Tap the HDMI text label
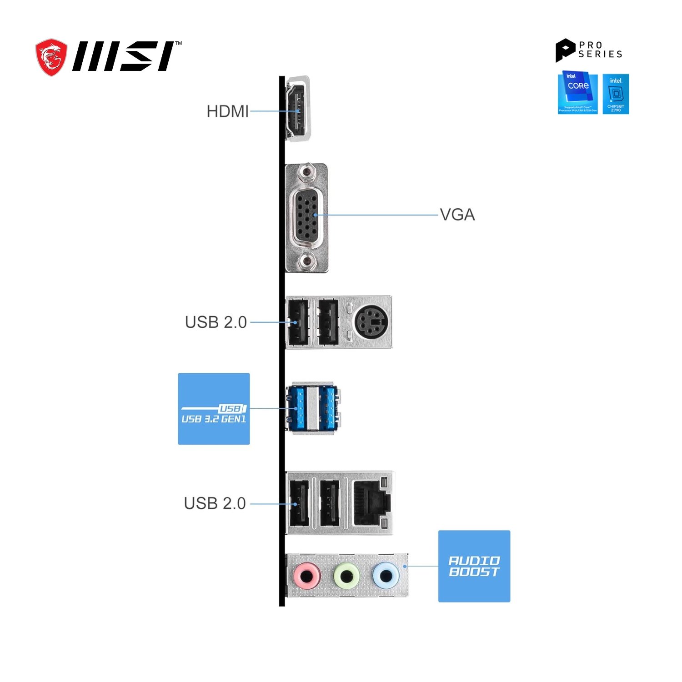pyautogui.click(x=227, y=111)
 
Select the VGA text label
pyautogui.click(x=457, y=215)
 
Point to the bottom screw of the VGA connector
pyautogui.click(x=307, y=261)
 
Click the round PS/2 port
pyautogui.click(x=371, y=321)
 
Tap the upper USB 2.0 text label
pyautogui.click(x=216, y=322)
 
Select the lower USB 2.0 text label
pyautogui.click(x=215, y=503)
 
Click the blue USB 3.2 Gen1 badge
pyautogui.click(x=214, y=409)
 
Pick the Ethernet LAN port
pyautogui.click(x=371, y=502)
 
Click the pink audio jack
pyautogui.click(x=307, y=576)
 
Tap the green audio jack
pyautogui.click(x=347, y=576)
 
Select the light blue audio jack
pyautogui.click(x=386, y=576)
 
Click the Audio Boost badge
pyautogui.click(x=474, y=566)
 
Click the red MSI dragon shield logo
pyautogui.click(x=51, y=57)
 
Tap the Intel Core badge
pyautogui.click(x=577, y=93)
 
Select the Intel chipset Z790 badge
pyautogui.click(x=616, y=94)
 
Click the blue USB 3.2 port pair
pyautogui.click(x=313, y=408)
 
